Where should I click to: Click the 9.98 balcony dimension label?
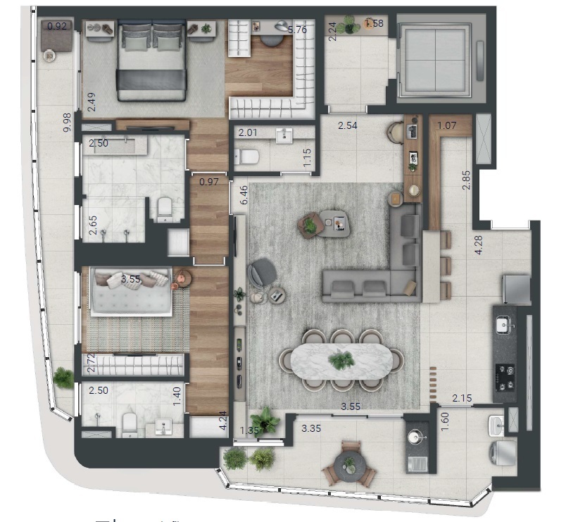67,123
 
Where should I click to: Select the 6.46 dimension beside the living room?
243,195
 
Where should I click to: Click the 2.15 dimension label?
462,399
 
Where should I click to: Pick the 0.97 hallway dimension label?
208,182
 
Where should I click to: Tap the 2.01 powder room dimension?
247,132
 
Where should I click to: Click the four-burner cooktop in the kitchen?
505,377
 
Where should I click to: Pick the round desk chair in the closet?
271,39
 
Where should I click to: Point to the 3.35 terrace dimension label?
311,428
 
